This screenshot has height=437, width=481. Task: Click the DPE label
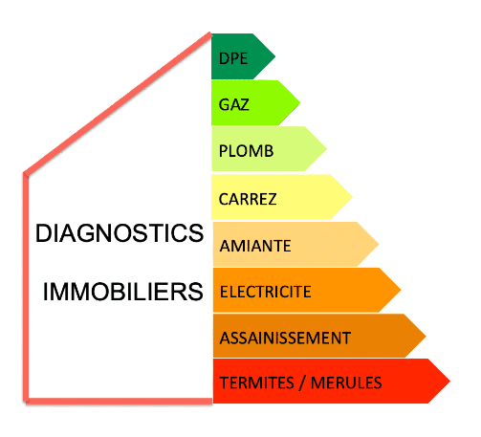233,58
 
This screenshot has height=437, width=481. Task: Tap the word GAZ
234,104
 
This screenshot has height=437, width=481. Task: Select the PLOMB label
246,151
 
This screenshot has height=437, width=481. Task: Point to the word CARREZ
248,199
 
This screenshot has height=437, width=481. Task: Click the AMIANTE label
255,246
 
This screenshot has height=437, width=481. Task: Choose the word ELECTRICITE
266,292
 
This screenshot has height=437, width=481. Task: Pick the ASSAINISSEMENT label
285,338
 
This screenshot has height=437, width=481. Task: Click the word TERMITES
257,382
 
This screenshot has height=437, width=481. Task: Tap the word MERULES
346,382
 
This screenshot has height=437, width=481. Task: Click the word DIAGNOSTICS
120,233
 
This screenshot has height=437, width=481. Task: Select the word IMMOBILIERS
123,292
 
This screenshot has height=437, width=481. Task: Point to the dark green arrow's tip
275,56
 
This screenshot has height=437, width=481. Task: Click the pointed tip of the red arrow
449,381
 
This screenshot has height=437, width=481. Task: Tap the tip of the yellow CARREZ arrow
352,197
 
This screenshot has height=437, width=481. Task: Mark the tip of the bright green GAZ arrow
300,102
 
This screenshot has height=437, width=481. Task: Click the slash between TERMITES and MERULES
302,383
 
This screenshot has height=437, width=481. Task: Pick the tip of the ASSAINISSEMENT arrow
426,336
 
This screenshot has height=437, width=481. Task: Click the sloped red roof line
118,103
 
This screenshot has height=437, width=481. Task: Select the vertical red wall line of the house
26,287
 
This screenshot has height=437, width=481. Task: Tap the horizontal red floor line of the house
119,402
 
